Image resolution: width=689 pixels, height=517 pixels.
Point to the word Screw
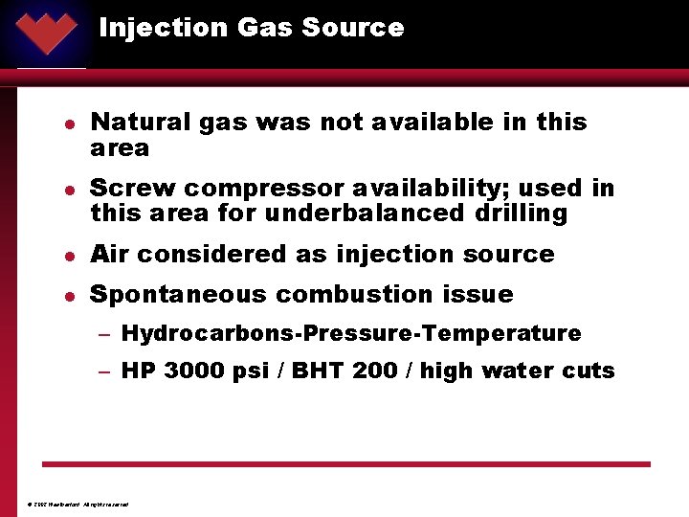pos(125,189)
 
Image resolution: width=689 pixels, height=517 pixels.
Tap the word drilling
pos(521,214)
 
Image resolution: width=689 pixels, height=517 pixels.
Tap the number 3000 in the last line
pos(195,371)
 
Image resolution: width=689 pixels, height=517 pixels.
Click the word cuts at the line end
pos(590,371)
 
